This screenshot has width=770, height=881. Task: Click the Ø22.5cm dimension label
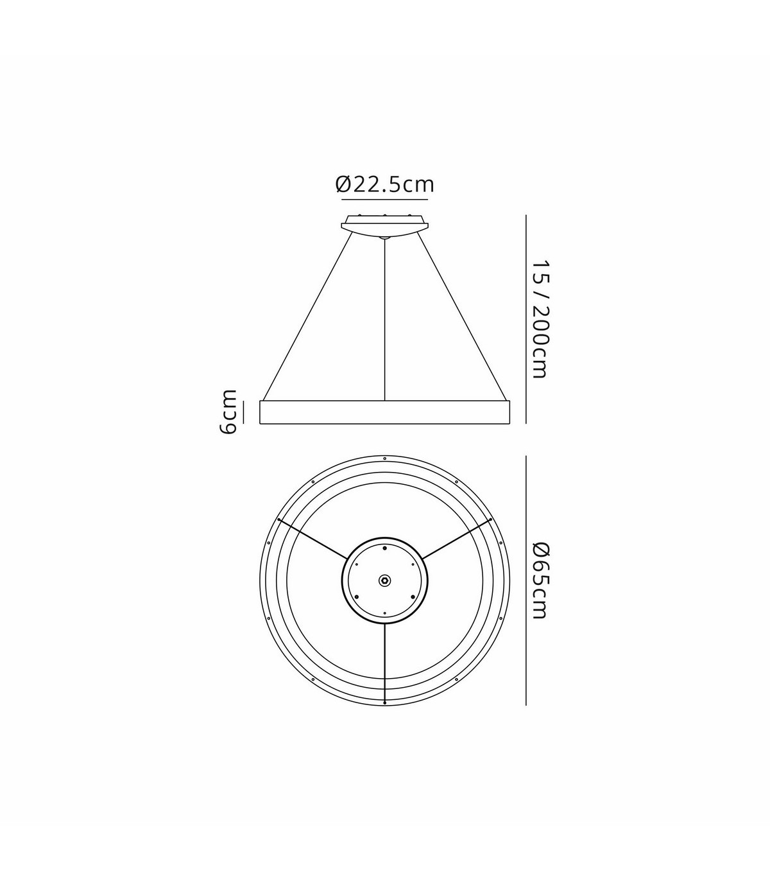pyautogui.click(x=384, y=184)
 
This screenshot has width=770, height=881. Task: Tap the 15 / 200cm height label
pyautogui.click(x=540, y=319)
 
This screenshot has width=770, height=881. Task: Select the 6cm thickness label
pyautogui.click(x=228, y=412)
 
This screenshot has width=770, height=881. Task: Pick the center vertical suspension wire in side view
pyautogui.click(x=384, y=319)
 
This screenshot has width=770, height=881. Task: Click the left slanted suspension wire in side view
pyautogui.click(x=307, y=317)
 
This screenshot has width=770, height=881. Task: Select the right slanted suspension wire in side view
pyautogui.click(x=462, y=317)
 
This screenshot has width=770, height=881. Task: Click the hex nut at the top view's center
pyautogui.click(x=384, y=580)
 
